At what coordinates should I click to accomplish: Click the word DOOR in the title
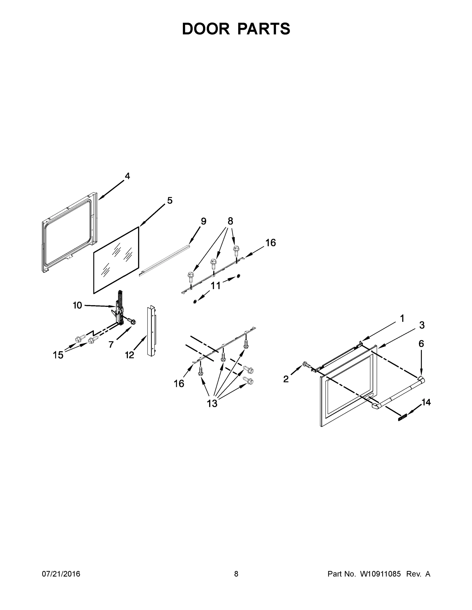pos(206,29)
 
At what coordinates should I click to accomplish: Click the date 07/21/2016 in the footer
pos(61,574)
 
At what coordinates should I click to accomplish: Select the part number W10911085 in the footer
pos(380,574)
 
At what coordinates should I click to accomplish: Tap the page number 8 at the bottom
pos(236,574)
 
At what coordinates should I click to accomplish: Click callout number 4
pos(127,176)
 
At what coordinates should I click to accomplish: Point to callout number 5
pos(170,201)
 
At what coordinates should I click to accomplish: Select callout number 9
pos(204,221)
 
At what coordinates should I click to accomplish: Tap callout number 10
pos(77,305)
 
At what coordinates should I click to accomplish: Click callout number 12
pos(130,355)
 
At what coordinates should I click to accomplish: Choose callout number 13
pos(212,403)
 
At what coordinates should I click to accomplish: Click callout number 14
pos(426,402)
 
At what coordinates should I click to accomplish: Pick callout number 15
pos(58,355)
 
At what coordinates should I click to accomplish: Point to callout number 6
pos(421,344)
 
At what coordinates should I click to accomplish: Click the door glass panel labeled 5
pos(116,260)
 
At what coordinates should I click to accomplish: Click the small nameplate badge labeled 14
pos(402,418)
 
